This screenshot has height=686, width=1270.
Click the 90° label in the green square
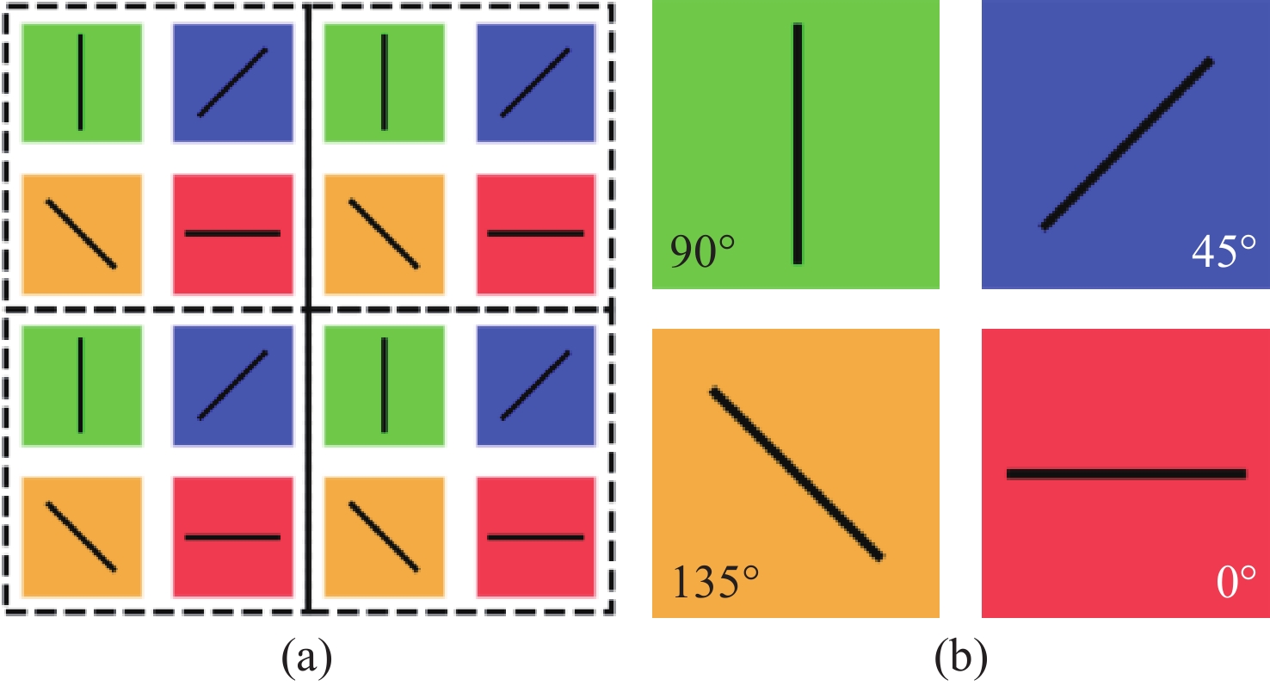702,251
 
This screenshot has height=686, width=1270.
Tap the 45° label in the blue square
1224,250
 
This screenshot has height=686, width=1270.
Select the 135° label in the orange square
715,582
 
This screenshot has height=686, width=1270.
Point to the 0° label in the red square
1236,582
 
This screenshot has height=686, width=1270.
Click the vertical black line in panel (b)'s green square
798,144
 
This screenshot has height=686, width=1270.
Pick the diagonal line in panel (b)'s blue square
1126,144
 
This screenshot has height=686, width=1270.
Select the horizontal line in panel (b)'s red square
1126,474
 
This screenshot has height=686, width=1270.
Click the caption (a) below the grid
306,657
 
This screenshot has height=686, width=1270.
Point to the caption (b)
961,657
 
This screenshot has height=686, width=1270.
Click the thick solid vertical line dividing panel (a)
308,309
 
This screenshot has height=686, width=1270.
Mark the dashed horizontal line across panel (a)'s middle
308,310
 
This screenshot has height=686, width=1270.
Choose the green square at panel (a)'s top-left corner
82,83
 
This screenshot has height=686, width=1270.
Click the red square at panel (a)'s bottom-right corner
536,537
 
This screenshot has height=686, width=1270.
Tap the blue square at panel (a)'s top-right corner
536,83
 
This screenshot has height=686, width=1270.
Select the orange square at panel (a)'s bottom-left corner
82,537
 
